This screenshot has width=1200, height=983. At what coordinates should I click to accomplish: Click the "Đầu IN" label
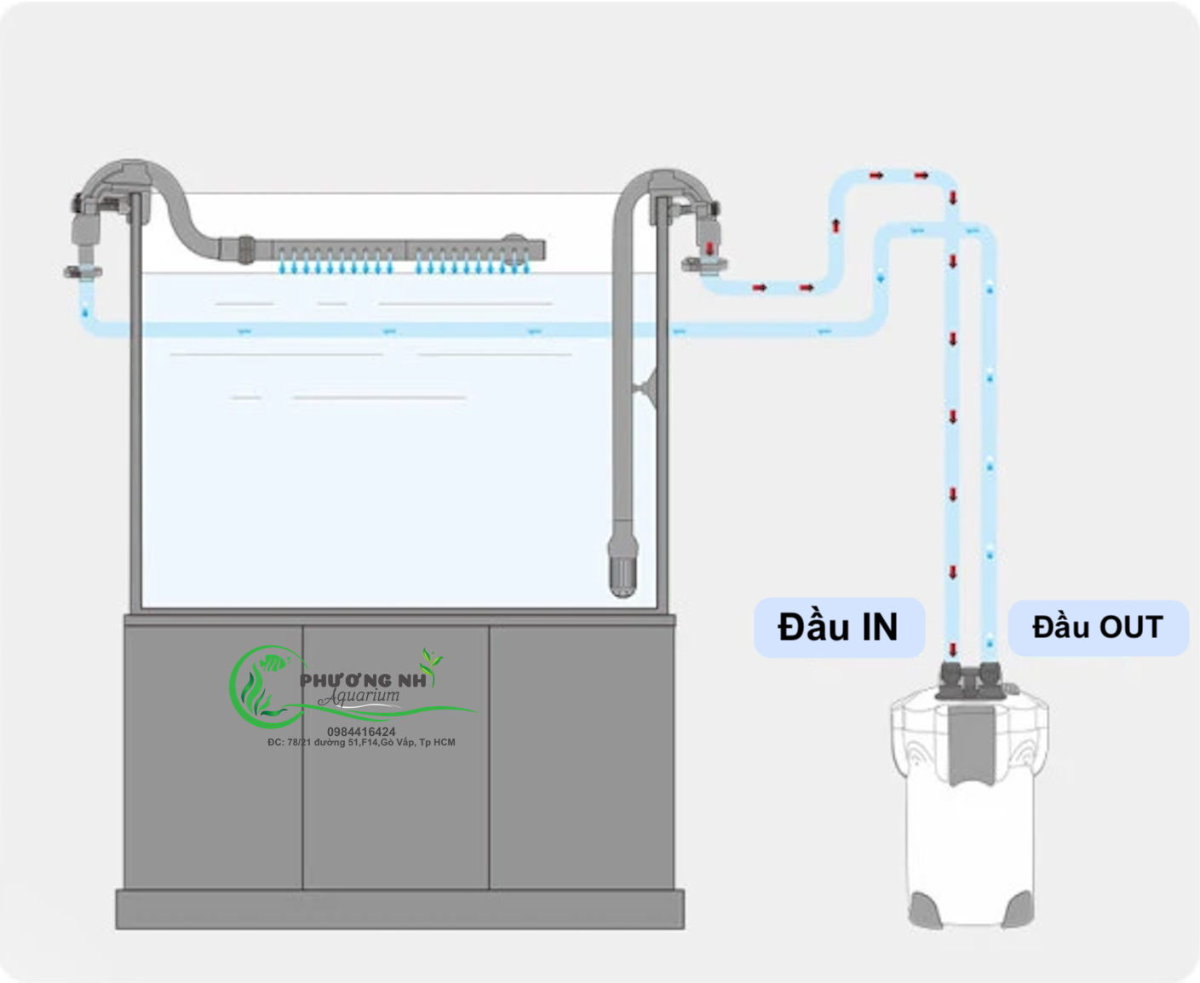838,628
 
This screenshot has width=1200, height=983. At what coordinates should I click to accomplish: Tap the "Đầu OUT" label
1097,628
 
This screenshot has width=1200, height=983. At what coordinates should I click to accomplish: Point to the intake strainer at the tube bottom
623,566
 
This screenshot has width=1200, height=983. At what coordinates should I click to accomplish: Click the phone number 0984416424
361,732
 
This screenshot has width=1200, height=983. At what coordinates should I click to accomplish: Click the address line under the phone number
361,743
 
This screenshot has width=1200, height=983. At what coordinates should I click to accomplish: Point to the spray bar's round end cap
513,241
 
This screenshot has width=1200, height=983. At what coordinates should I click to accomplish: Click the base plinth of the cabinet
399,909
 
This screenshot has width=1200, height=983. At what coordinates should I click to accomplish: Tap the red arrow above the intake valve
709,248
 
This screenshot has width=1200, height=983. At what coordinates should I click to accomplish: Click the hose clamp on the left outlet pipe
83,273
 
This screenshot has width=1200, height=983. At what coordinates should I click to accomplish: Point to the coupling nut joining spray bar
245,249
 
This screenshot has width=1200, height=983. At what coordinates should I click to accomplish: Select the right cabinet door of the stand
581,758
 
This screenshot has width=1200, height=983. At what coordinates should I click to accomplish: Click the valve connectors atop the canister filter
970,680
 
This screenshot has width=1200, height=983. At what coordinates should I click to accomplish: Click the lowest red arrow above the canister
953,648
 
